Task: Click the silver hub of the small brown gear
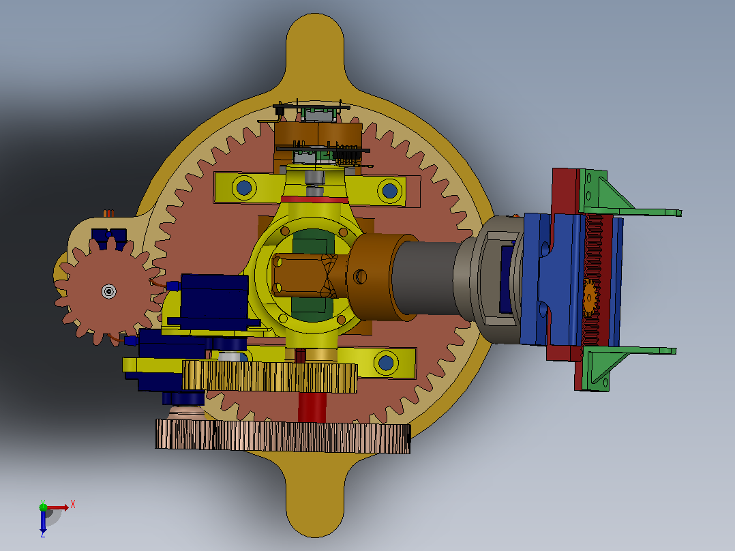(x=109, y=292)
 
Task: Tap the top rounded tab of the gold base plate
(x=315, y=52)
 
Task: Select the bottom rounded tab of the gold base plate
(x=315, y=497)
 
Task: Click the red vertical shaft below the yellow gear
(x=312, y=407)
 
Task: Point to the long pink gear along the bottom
(x=283, y=436)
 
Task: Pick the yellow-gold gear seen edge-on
(x=269, y=376)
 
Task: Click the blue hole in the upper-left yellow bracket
(x=244, y=188)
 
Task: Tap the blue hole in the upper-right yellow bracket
(x=389, y=191)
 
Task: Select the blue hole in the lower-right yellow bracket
(x=386, y=363)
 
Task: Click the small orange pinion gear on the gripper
(x=590, y=297)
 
